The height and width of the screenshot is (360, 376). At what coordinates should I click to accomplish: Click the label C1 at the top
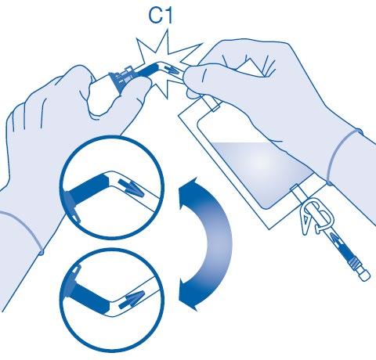161,16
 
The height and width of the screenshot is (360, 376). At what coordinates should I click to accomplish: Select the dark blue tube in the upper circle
89,189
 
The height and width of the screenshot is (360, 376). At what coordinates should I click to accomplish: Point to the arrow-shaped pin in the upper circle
131,188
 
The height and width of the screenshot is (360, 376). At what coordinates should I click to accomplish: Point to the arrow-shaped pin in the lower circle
131,298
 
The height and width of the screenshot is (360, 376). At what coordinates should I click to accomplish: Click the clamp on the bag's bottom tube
317,215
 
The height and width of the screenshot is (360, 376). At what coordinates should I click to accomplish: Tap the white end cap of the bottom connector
364,275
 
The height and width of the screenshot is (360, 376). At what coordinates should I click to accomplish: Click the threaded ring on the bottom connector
354,263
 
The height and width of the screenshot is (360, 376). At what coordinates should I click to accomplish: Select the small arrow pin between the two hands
171,70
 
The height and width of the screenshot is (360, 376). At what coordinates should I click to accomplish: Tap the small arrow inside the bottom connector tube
336,240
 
